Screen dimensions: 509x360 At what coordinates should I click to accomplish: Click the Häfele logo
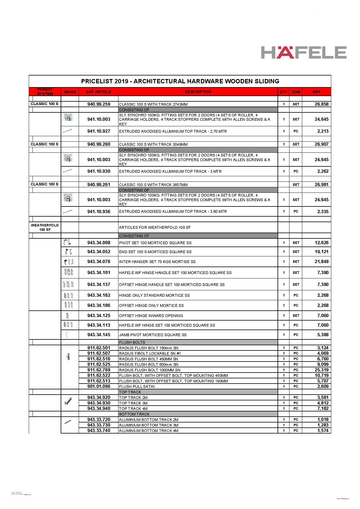click(x=303, y=53)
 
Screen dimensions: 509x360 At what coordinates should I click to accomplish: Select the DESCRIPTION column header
click(x=198, y=92)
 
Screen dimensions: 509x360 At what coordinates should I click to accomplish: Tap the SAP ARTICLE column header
click(x=98, y=92)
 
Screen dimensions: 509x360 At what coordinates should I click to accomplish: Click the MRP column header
click(x=316, y=92)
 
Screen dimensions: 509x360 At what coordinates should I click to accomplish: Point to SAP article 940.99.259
click(x=99, y=104)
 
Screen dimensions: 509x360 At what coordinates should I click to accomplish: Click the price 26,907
click(x=321, y=144)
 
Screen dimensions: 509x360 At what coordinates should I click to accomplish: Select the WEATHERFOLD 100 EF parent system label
click(x=45, y=227)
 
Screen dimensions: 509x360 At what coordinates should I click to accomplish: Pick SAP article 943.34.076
click(x=99, y=262)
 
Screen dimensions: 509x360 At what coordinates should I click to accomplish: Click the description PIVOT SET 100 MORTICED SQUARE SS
click(x=155, y=243)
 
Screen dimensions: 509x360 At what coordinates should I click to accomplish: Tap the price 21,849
click(x=321, y=262)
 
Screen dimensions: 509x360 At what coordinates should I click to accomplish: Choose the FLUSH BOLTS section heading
click(x=132, y=342)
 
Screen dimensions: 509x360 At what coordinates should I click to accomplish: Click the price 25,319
click(x=321, y=370)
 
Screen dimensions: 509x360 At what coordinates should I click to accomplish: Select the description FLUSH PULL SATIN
click(x=137, y=386)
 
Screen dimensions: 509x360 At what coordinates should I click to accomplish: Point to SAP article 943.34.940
click(x=99, y=409)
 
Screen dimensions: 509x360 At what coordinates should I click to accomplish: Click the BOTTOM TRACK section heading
click(x=134, y=414)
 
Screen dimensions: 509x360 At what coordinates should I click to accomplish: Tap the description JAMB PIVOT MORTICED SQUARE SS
click(x=153, y=335)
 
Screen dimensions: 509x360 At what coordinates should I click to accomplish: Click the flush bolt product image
click(x=68, y=357)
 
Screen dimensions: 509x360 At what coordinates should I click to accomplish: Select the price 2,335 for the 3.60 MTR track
click(x=323, y=212)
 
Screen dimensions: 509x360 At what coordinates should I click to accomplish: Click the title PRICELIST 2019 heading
click(x=180, y=81)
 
